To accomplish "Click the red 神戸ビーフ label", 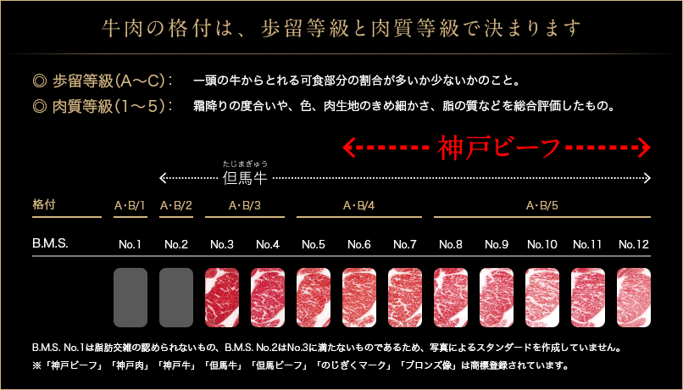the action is (x=498, y=148).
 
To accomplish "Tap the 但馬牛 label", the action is (x=244, y=178).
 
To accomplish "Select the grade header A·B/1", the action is (x=130, y=205).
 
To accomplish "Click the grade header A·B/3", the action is (x=245, y=205).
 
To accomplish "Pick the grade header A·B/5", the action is (x=541, y=205).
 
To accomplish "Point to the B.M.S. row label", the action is (x=50, y=243).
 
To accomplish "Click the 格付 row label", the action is (x=44, y=204).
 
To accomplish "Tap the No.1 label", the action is (x=130, y=244).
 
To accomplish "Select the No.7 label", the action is (x=405, y=244).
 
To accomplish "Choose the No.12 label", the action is (x=634, y=244).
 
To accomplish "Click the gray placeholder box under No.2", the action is (x=176, y=298).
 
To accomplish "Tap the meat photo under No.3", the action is (x=222, y=298).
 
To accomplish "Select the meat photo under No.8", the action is (x=451, y=298).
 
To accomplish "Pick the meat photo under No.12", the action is (x=634, y=298).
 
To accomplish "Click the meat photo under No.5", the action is (x=314, y=298).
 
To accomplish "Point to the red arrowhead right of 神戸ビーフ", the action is (x=645, y=148).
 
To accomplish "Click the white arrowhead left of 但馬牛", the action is (x=164, y=178).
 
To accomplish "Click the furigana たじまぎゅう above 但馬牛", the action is (x=244, y=164).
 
